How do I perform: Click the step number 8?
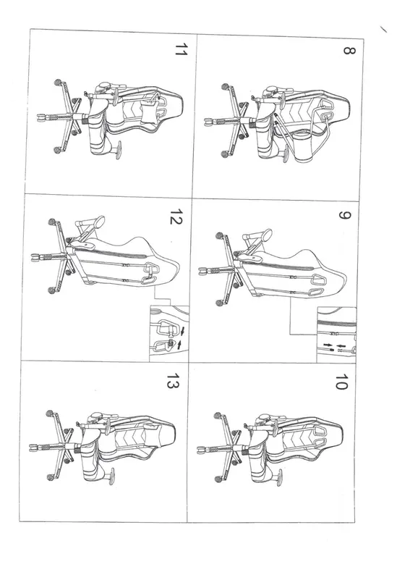(349, 50)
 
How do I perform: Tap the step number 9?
(344, 215)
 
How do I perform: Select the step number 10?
(341, 382)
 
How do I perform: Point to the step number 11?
(181, 49)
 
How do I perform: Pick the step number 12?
(176, 217)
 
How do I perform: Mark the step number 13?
(173, 381)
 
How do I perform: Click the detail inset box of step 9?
(336, 335)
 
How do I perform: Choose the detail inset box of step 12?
(169, 333)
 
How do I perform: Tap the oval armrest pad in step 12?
(99, 222)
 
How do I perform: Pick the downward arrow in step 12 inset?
(183, 330)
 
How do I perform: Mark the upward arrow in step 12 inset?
(179, 344)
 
